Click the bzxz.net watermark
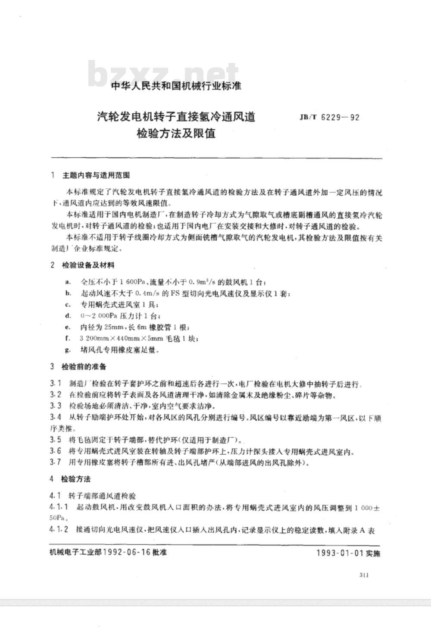pyautogui.click(x=163, y=74)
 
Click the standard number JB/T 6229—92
pyautogui.click(x=327, y=117)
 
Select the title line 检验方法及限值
pyautogui.click(x=176, y=134)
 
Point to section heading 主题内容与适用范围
pyautogui.click(x=96, y=176)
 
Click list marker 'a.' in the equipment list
pyautogui.click(x=68, y=282)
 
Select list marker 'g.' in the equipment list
pyautogui.click(x=68, y=350)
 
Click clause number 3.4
pyautogui.click(x=56, y=417)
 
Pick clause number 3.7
pyautogui.click(x=56, y=463)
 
